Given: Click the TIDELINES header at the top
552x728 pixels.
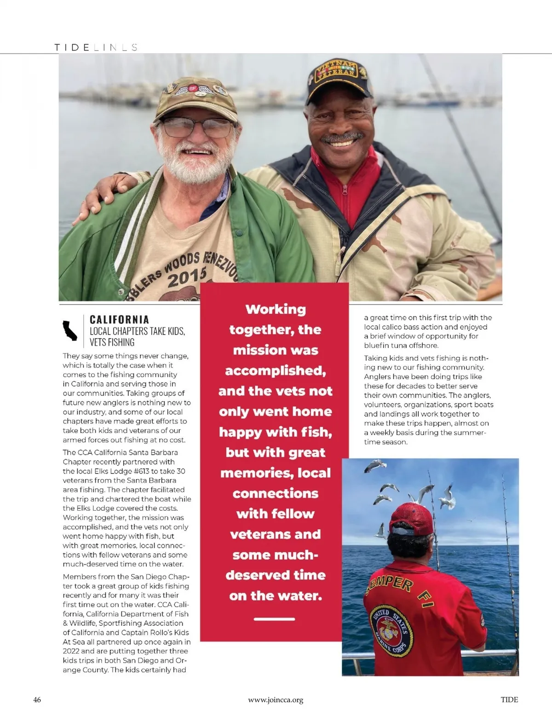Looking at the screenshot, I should pyautogui.click(x=96, y=47).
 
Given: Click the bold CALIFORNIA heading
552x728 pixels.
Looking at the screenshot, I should pyautogui.click(x=119, y=319).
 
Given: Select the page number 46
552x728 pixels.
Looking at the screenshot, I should pyautogui.click(x=37, y=699).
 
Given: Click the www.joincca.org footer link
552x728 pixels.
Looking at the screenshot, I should pyautogui.click(x=276, y=700).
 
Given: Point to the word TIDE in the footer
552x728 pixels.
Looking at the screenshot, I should pyautogui.click(x=509, y=699).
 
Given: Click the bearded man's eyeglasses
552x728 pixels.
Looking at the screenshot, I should pyautogui.click(x=197, y=127).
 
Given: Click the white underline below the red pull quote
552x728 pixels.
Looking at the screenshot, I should pyautogui.click(x=274, y=619).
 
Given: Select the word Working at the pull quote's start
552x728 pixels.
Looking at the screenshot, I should pyautogui.click(x=276, y=309).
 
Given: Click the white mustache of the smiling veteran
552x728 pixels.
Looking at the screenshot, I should pyautogui.click(x=342, y=137).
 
